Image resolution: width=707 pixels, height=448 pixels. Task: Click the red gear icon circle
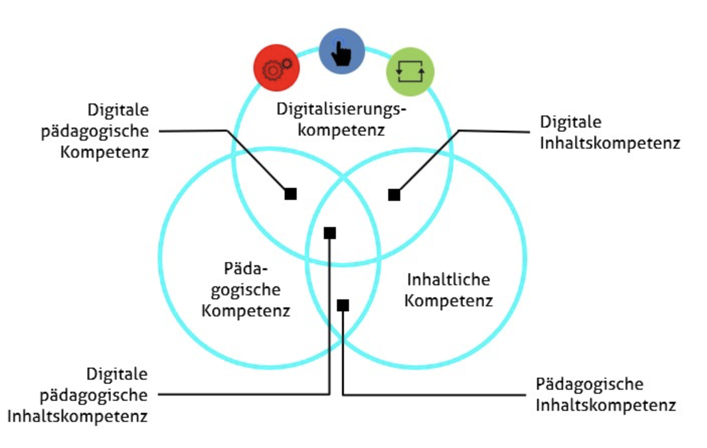click(276, 68)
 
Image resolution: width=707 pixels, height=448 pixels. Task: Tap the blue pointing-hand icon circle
click(342, 51)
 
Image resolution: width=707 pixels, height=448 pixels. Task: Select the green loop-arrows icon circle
click(410, 71)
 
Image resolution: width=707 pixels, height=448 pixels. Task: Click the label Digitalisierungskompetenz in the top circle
click(341, 119)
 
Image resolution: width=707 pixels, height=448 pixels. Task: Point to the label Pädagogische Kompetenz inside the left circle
click(246, 290)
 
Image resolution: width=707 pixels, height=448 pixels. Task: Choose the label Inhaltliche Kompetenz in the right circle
click(448, 290)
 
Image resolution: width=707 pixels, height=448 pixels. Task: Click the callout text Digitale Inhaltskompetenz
click(609, 133)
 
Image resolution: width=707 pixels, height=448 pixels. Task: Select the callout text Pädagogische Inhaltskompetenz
click(605, 395)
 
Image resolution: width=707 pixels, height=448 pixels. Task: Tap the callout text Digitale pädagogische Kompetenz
click(96, 131)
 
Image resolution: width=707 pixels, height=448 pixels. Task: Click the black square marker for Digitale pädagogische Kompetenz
click(291, 194)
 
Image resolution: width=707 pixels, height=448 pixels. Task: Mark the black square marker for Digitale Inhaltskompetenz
click(394, 195)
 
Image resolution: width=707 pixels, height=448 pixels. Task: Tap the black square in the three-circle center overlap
click(330, 233)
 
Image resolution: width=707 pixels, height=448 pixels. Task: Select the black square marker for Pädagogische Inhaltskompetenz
click(343, 305)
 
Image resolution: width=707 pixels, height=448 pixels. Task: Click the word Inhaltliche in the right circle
click(448, 279)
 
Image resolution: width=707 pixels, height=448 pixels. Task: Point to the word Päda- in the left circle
click(246, 269)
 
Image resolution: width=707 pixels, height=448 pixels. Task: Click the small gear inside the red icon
click(287, 63)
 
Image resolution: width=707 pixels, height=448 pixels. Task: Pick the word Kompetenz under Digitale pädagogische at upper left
click(105, 152)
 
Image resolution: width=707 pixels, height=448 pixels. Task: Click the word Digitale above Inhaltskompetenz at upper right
click(571, 122)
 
